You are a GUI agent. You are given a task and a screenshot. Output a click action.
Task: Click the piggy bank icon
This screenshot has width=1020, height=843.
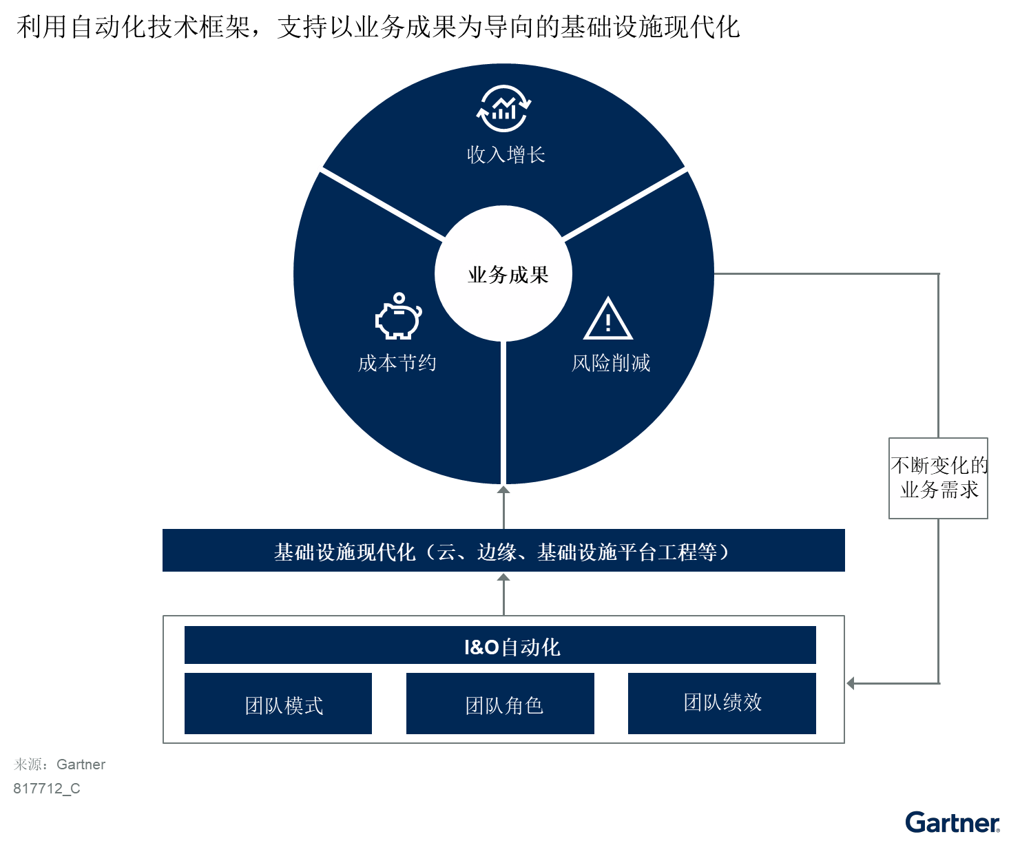[398, 316]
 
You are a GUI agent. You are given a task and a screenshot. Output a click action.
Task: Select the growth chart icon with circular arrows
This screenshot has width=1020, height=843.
[503, 108]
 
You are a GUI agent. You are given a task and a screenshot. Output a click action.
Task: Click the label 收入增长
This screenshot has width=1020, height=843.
[506, 155]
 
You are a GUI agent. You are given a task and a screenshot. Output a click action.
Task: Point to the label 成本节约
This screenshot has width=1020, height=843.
[397, 363]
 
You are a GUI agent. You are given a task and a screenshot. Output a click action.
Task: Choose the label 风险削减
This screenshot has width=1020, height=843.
[611, 363]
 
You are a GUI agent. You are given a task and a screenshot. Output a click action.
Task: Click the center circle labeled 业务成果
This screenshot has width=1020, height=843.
[503, 273]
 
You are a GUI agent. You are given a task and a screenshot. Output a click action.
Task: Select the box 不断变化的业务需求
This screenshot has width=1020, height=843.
[938, 478]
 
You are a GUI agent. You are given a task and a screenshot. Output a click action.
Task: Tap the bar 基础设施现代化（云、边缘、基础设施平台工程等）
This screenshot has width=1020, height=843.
[503, 550]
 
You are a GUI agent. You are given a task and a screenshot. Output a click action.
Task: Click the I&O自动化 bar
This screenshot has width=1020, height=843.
[500, 645]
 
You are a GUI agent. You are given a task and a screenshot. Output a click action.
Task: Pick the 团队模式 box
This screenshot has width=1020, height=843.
[278, 703]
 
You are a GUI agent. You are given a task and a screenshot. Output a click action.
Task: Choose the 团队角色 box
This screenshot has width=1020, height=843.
[500, 703]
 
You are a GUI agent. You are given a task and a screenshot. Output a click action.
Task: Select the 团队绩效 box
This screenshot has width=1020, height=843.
[722, 703]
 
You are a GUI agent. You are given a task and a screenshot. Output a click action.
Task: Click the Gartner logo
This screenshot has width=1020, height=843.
[952, 822]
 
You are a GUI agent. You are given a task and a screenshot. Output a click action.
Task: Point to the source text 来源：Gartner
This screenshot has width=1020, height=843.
[60, 764]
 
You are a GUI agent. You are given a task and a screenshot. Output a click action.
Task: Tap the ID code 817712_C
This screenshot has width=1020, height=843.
[47, 789]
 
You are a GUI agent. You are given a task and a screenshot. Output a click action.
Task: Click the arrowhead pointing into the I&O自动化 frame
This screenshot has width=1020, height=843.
[851, 683]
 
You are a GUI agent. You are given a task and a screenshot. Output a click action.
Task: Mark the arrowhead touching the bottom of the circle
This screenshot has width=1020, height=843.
[503, 490]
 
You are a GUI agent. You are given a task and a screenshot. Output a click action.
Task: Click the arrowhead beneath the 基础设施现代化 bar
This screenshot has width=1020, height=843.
[503, 577]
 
